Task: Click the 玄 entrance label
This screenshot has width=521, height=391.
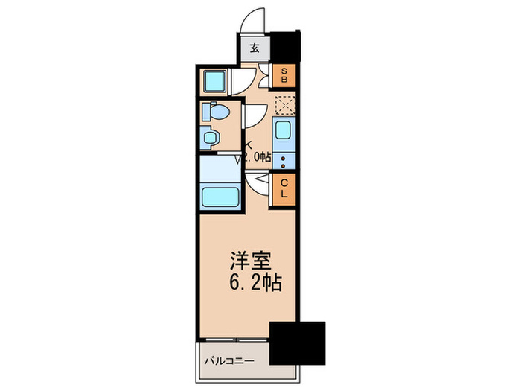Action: pyautogui.click(x=254, y=49)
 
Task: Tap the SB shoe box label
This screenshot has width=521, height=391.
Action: pyautogui.click(x=284, y=74)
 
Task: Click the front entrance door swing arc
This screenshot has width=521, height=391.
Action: pyautogui.click(x=255, y=20)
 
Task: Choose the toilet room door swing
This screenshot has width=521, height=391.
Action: pyautogui.click(x=253, y=114)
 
